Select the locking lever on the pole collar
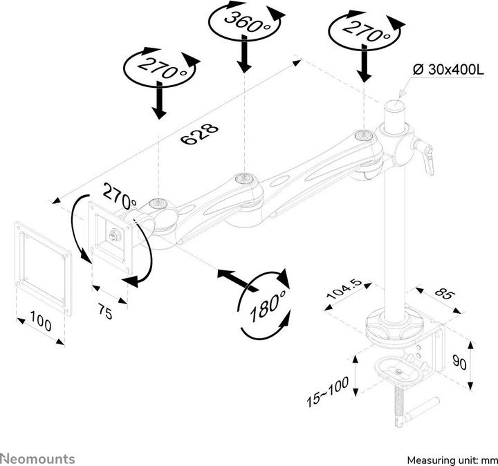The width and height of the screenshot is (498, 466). (426, 157)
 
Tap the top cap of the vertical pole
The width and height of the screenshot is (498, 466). (395, 106)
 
